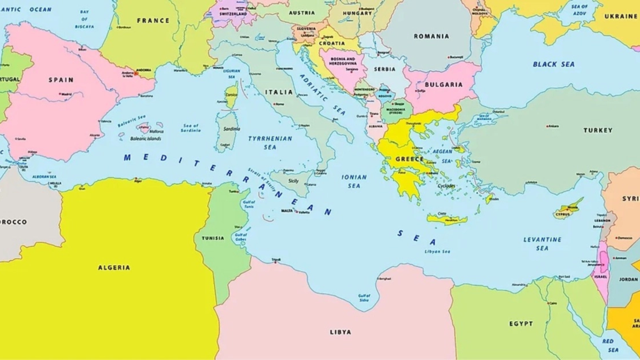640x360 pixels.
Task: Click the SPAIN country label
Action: pos(61,80)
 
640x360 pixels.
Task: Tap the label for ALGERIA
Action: pos(114,267)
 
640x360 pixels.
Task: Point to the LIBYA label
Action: pos(341,332)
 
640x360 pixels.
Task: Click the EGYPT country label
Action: pos(521,324)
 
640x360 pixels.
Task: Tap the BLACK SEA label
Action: pos(554,64)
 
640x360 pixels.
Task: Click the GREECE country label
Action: pos(409,159)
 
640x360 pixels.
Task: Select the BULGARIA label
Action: pos(444,85)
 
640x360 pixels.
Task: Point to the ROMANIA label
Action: pos(431,36)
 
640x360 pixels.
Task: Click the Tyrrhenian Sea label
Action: pos(269,142)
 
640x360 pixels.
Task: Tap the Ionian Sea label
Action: pos(354,181)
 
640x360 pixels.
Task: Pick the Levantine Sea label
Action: pos(542,244)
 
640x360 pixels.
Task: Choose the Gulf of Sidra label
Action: pos(364,298)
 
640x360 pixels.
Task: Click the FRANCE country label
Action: pos(153,21)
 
